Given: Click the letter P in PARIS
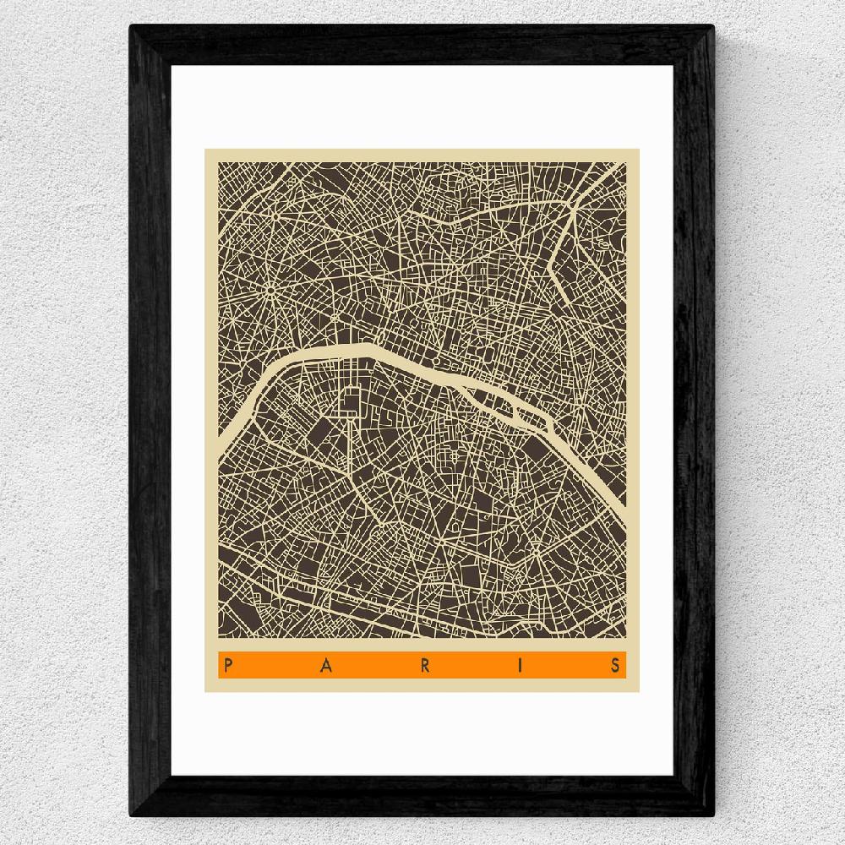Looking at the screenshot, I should click(x=227, y=665).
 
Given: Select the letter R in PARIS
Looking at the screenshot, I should click(x=424, y=665).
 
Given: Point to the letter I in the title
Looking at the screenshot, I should click(x=521, y=665).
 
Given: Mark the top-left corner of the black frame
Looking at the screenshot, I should click(x=131, y=26).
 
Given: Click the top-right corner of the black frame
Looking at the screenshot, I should click(x=714, y=26).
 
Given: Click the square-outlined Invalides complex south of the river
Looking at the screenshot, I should click(x=351, y=401).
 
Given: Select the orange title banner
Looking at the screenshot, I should click(x=422, y=665).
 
